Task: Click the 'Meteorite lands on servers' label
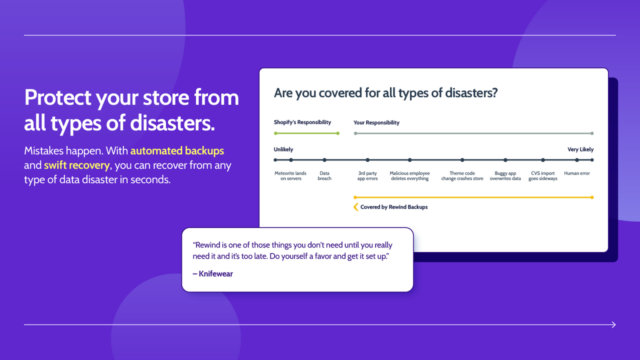[290, 176]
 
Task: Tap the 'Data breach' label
[324, 176]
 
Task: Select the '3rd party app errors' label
[367, 176]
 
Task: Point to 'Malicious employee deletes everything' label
[409, 176]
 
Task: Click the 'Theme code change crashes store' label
[462, 176]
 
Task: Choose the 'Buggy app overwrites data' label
[505, 176]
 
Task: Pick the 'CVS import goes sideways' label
[542, 176]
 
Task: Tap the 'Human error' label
[577, 173]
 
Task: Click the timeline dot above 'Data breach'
[324, 160]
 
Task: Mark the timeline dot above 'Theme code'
[462, 160]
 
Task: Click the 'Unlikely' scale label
[283, 149]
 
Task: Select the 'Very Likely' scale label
[580, 149]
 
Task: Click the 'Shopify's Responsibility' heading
[302, 122]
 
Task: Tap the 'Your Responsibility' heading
[376, 122]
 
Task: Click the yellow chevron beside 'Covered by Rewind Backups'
[356, 207]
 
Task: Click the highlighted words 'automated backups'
[177, 150]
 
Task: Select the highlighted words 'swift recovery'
[76, 165]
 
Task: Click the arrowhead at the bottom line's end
[614, 325]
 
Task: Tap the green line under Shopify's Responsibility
[306, 133]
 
